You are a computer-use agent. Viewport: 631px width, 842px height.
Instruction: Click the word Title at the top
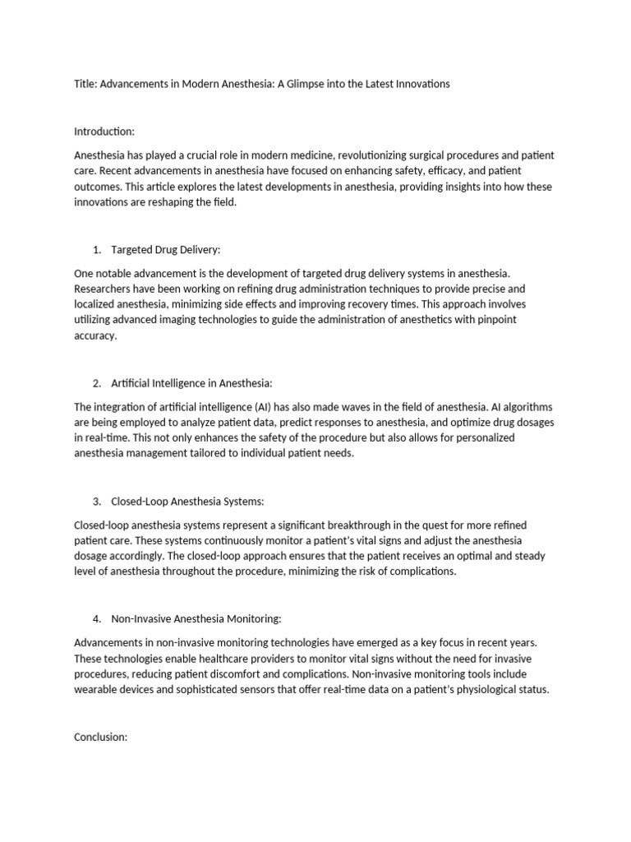[85, 84]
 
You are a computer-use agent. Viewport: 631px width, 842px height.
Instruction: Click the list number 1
[97, 249]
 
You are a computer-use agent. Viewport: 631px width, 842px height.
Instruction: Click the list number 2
[97, 383]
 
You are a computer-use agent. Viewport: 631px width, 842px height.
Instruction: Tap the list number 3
[97, 502]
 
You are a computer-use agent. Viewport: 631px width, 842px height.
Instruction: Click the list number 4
[97, 619]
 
